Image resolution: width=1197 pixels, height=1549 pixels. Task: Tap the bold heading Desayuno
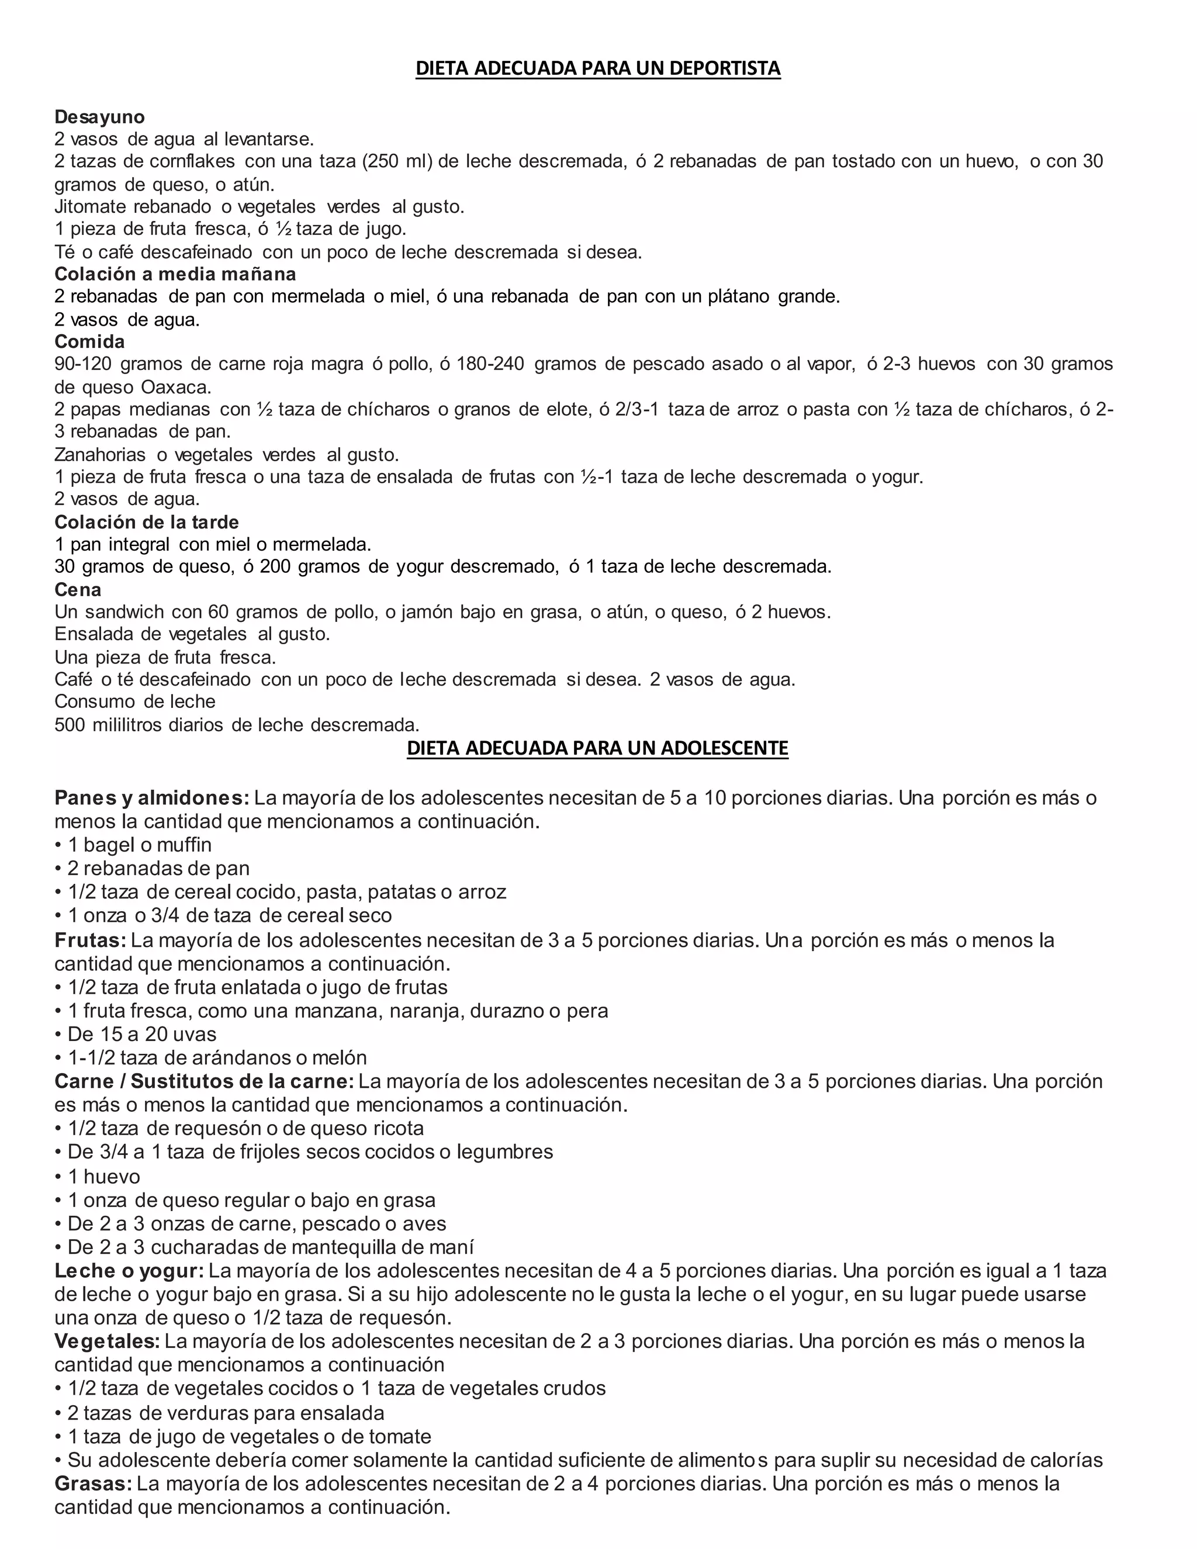pos(99,117)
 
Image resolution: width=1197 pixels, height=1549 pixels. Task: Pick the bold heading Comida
pos(89,342)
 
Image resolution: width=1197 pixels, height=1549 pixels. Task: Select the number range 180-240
pos(490,365)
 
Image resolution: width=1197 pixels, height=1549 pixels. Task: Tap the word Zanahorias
pos(100,455)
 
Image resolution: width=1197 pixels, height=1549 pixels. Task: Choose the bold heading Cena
pos(78,589)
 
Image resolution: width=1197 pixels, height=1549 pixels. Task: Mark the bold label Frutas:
pos(90,941)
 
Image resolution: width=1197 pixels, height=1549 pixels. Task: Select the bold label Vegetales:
pos(107,1341)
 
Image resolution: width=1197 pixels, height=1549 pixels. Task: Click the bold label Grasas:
pos(93,1483)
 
